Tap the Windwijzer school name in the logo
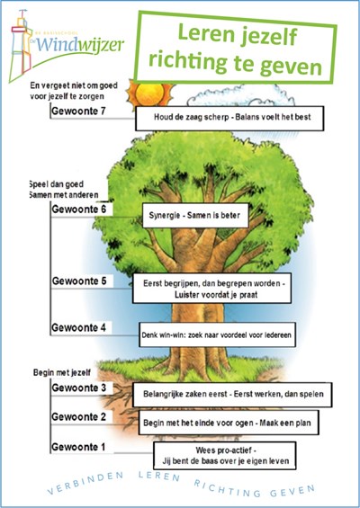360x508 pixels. tap(80, 45)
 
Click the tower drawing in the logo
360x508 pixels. tap(20, 45)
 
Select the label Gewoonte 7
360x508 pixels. tap(78, 111)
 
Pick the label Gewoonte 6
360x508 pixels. tap(79, 209)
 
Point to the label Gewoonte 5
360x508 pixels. tap(79, 281)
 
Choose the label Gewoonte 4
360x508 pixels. tap(79, 328)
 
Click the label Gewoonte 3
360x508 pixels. tap(79, 388)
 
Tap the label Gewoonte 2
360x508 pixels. tap(79, 417)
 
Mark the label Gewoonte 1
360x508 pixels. tap(78, 447)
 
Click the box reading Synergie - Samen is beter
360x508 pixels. tap(195, 216)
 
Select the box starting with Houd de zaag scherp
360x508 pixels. tap(229, 119)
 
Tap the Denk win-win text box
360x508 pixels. tap(217, 334)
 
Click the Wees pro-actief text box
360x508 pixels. tap(225, 456)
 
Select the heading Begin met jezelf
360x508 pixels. tap(62, 372)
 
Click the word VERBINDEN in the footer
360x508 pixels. tap(85, 484)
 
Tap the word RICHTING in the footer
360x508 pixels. tap(227, 488)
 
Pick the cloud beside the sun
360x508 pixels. tap(241, 96)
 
